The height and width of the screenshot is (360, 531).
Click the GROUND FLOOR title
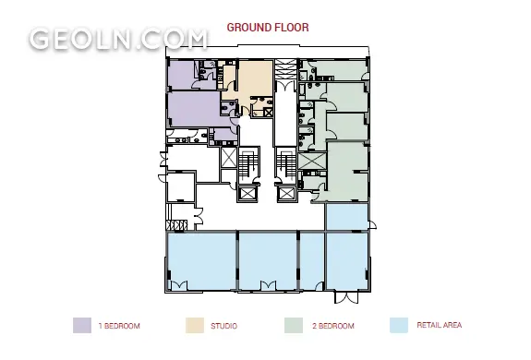(268, 28)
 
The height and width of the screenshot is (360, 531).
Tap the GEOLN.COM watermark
(118, 39)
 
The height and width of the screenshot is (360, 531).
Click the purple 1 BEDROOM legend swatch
(82, 325)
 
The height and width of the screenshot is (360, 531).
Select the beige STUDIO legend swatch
(195, 325)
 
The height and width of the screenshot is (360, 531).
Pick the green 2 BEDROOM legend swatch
(294, 325)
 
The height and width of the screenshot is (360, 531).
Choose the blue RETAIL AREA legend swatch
(399, 325)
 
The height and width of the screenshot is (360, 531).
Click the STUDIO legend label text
(223, 326)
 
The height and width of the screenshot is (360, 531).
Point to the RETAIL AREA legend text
(440, 325)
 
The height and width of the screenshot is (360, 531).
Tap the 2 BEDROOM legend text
(333, 326)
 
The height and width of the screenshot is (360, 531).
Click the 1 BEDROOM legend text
(119, 326)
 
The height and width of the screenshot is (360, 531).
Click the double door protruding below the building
(346, 296)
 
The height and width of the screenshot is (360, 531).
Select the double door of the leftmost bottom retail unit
(178, 286)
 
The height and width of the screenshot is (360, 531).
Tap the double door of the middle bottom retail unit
(268, 286)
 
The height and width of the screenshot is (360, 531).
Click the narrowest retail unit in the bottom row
(312, 260)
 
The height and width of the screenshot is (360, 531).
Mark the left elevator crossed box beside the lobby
(247, 194)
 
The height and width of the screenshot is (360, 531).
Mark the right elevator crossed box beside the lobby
(286, 194)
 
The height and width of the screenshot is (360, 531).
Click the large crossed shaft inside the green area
(312, 161)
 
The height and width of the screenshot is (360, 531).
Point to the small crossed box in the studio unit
(268, 113)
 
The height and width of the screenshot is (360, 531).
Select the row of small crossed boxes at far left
(176, 225)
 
